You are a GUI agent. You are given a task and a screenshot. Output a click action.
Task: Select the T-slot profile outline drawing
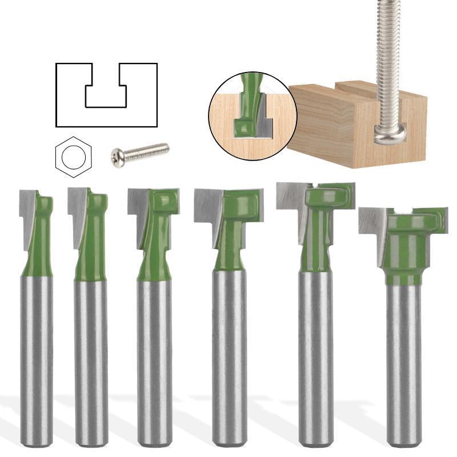(106, 94)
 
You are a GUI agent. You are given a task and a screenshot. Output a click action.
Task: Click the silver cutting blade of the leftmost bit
(26, 211)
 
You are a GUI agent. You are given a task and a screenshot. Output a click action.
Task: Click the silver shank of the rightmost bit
(403, 366)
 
